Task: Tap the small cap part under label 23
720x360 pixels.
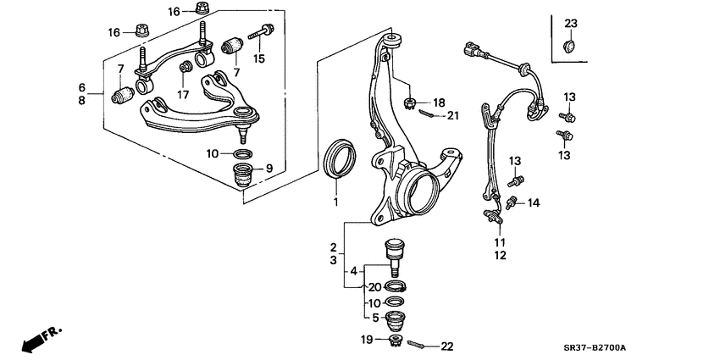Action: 569,43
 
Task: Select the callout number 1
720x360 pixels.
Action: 335,202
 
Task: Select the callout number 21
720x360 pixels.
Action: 452,116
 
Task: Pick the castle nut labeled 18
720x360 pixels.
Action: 409,105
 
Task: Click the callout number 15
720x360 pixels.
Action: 260,58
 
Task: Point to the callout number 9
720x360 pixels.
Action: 270,169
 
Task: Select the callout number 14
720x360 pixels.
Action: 534,202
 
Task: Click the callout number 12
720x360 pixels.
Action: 501,256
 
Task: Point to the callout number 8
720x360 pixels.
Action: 82,100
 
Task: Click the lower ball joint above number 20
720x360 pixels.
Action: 395,252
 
